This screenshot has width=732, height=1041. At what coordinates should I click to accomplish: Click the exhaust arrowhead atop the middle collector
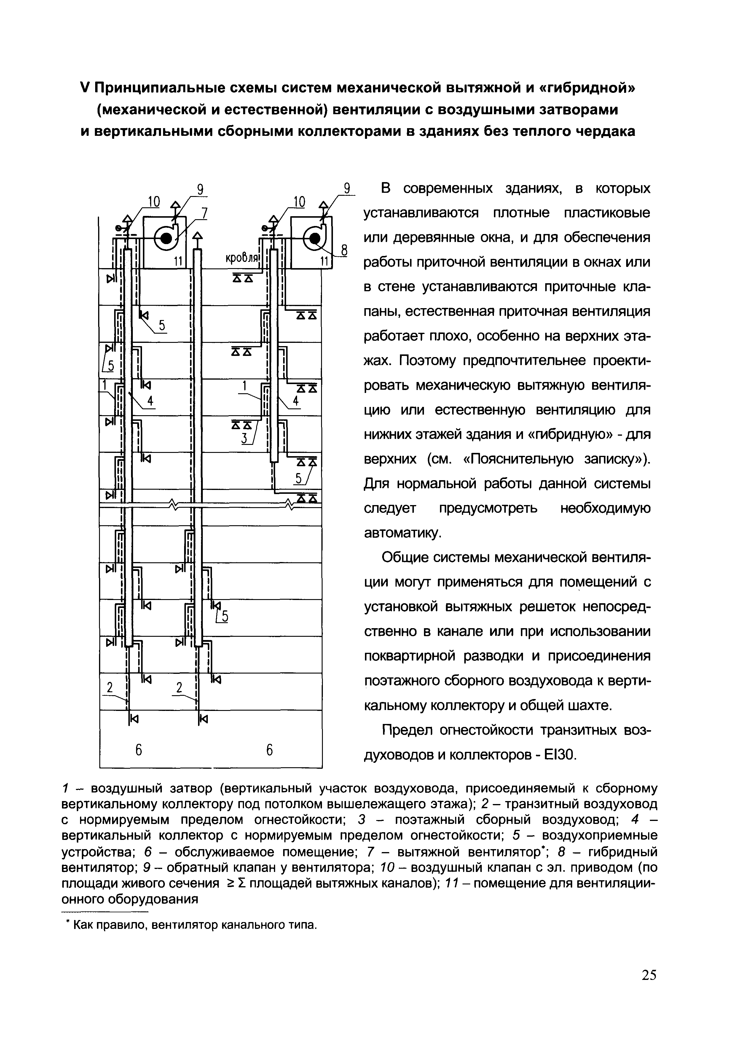[198, 236]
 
